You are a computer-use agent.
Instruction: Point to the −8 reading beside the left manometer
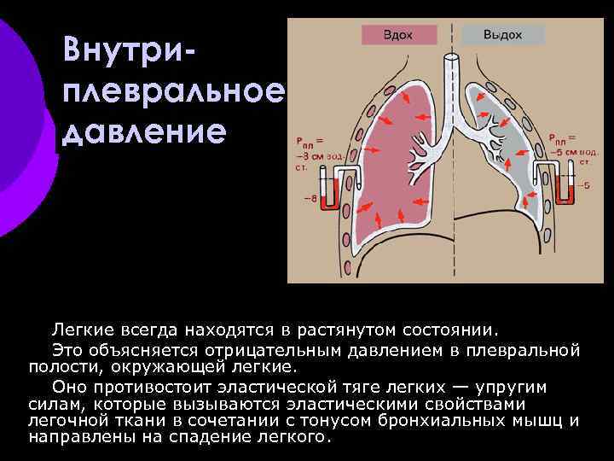[x=309, y=201]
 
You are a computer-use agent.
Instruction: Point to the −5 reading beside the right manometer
[x=584, y=185]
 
